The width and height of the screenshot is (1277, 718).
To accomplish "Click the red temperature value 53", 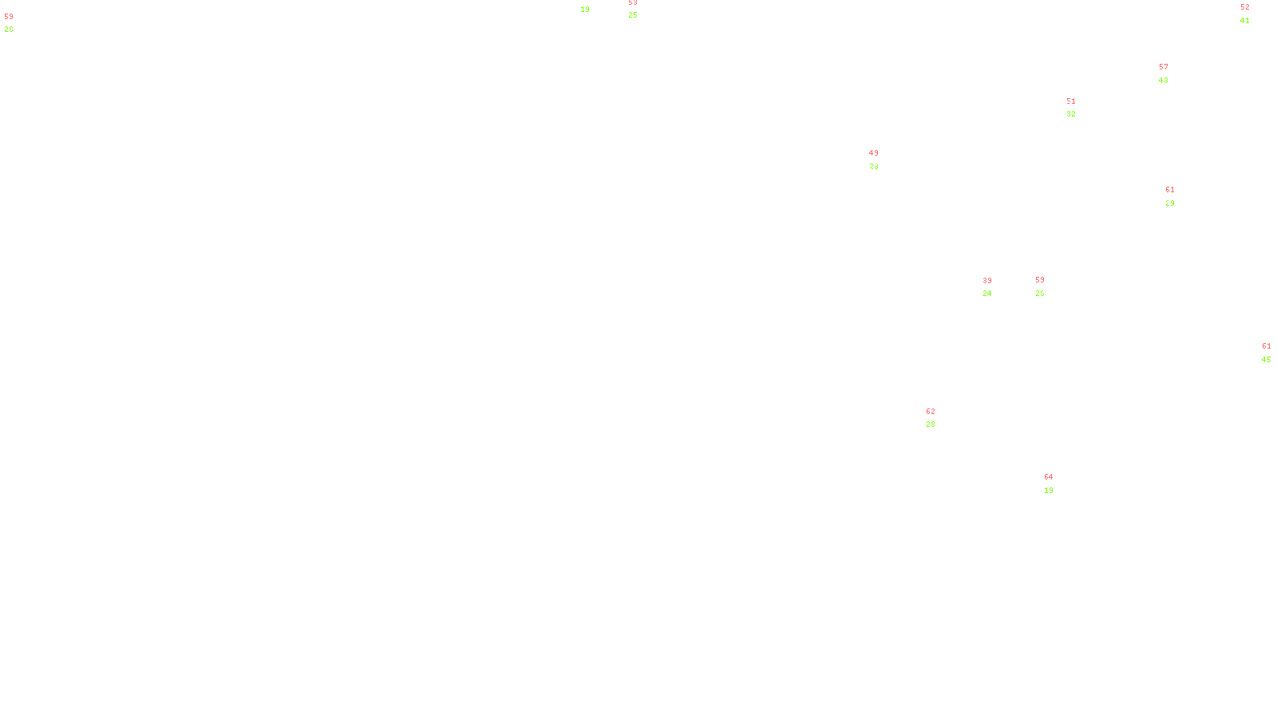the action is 633,2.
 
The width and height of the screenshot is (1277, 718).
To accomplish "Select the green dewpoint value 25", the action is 633,15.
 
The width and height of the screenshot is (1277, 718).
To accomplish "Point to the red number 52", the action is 1245,7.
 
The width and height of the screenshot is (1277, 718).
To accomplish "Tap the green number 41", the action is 1245,21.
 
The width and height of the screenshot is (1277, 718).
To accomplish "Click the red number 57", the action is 1164,67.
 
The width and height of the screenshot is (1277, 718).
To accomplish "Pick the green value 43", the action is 1164,81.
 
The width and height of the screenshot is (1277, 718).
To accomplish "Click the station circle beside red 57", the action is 1172,73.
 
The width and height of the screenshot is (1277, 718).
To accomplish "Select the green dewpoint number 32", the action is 1071,114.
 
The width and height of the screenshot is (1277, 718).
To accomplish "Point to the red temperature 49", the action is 874,153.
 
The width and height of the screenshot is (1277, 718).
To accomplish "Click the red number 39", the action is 987,281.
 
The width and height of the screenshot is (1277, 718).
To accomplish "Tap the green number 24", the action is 987,294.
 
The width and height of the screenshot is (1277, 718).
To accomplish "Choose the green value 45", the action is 1267,360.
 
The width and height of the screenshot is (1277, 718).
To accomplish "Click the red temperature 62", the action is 931,412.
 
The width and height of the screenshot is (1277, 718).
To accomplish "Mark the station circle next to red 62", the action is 939,418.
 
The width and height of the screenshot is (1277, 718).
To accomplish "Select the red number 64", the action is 1049,477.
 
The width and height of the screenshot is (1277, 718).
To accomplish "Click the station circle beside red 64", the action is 1057,483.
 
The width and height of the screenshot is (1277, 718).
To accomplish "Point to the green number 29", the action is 1170,203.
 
